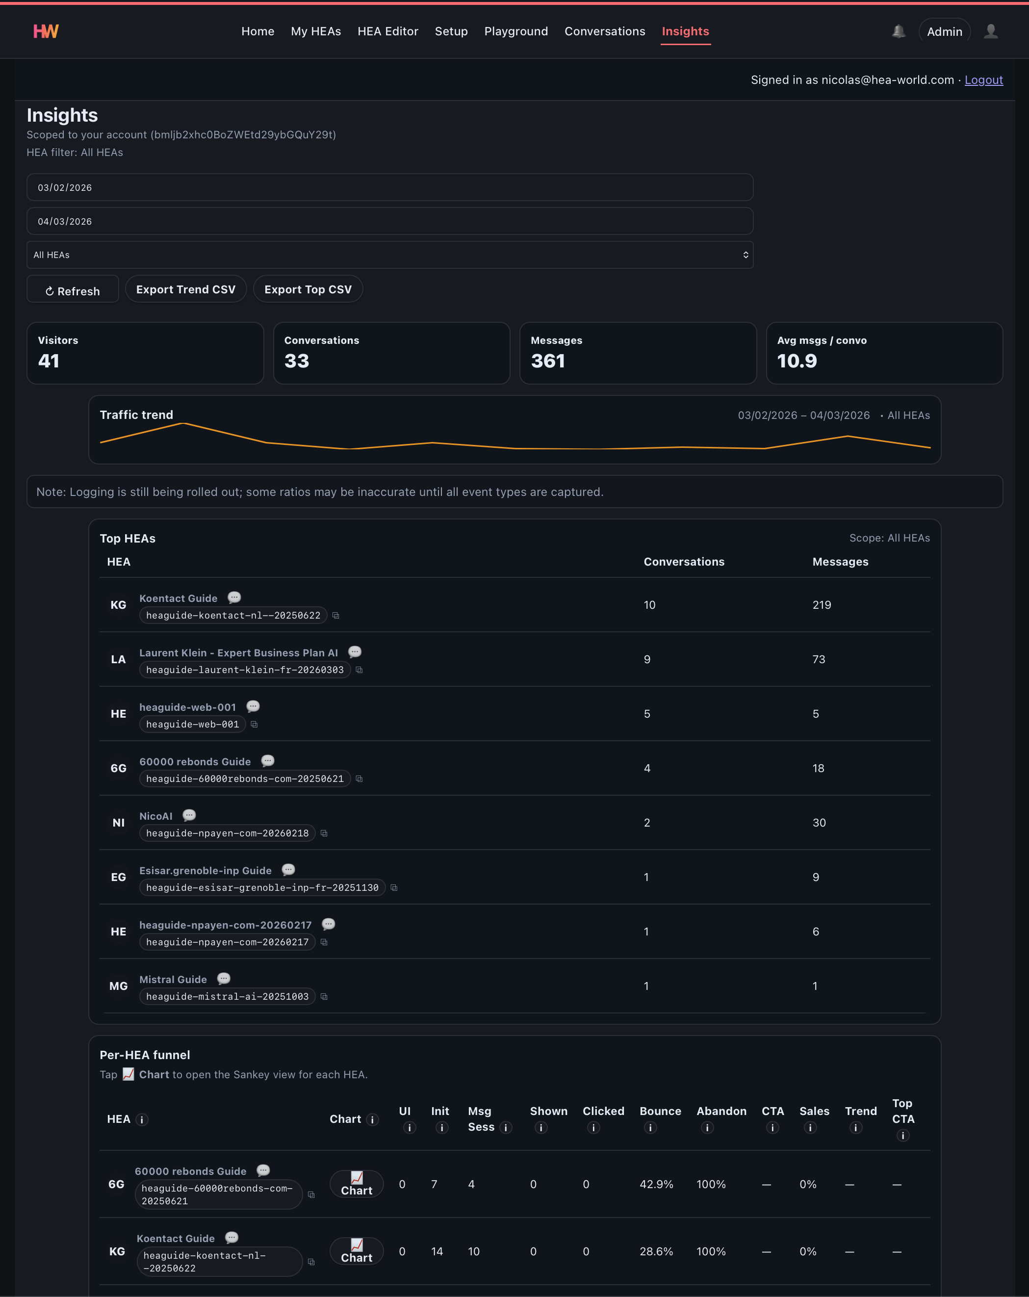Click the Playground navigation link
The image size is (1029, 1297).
[516, 31]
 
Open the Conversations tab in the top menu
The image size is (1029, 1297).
[604, 31]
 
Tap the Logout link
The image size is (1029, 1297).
[983, 80]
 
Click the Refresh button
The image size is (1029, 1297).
[73, 290]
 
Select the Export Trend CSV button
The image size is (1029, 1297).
[186, 289]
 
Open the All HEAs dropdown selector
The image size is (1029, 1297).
[390, 255]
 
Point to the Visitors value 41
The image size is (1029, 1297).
[49, 361]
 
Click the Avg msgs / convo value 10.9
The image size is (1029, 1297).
[797, 361]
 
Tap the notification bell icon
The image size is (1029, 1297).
[899, 31]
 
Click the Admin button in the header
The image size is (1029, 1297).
[944, 31]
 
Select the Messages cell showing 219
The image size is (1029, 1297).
[822, 604]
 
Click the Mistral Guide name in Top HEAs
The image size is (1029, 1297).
[173, 979]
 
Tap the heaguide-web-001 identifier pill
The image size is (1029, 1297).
[192, 725]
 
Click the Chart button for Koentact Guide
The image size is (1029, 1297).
[357, 1251]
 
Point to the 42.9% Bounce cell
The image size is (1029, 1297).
[656, 1184]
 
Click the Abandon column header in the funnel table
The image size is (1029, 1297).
[721, 1111]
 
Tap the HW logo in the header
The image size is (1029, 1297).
[46, 31]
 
